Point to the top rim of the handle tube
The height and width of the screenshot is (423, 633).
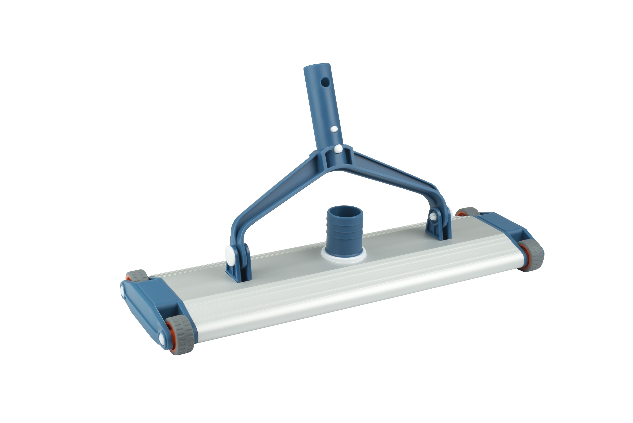317,66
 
